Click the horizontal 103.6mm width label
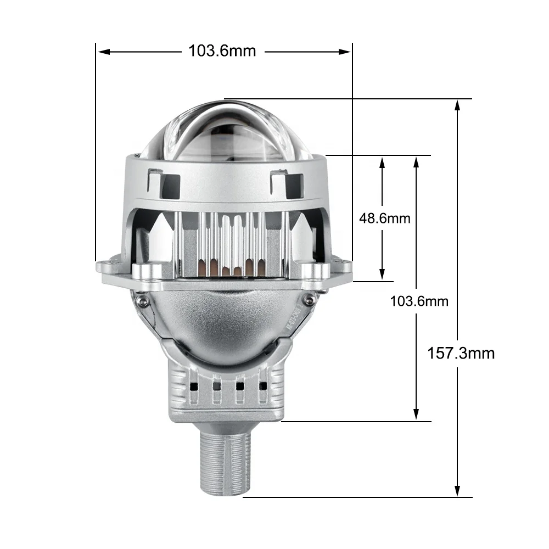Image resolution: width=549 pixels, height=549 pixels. tap(222, 51)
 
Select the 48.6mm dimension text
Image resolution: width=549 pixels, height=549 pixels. tap(384, 218)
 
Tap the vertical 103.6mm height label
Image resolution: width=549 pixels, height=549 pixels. tap(419, 301)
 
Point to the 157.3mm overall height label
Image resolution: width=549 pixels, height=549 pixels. tap(461, 353)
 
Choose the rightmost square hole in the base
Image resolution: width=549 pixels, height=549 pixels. tap(262, 385)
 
